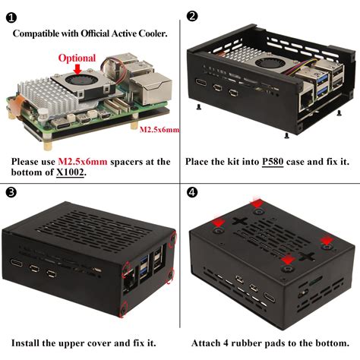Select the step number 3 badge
tap(11, 192)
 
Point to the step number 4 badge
tap(192, 192)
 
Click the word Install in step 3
tap(25, 343)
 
